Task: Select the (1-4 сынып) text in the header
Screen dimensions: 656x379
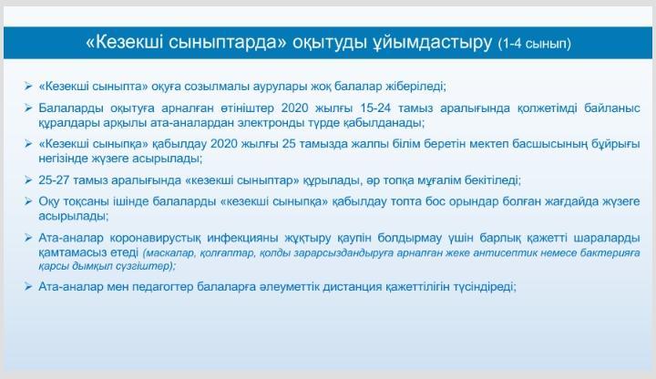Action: (534, 44)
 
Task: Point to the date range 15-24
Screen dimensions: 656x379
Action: (375, 108)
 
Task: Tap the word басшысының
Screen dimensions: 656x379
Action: (548, 144)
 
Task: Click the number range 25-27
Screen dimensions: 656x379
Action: (54, 180)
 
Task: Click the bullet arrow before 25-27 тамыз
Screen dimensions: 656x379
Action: (28, 180)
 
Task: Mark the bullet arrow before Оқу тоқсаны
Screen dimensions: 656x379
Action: (28, 201)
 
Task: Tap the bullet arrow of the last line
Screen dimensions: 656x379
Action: (28, 287)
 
